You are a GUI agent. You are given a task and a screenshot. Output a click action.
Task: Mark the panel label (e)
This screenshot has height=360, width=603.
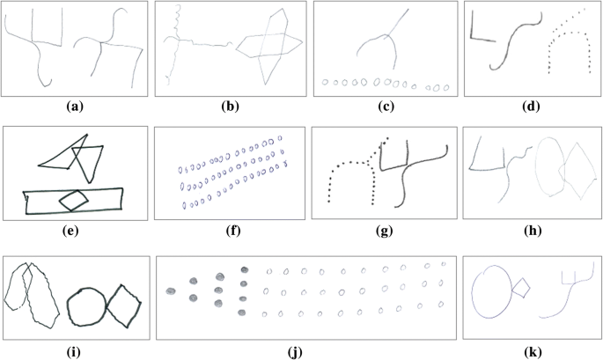[x=76, y=233]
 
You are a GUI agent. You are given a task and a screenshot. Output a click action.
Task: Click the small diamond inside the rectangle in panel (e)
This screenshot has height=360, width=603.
[x=70, y=200]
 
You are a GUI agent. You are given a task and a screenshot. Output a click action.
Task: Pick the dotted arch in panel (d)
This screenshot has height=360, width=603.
[x=568, y=48]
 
